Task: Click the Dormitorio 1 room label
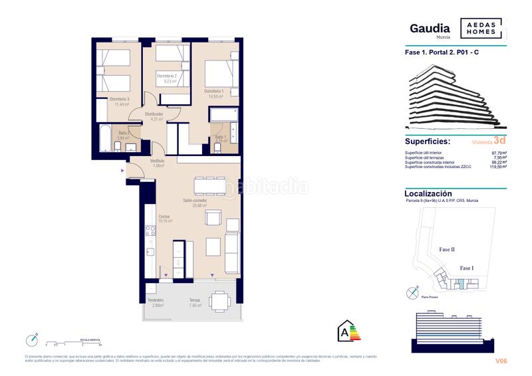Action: (213, 91)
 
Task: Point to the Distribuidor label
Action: (154, 114)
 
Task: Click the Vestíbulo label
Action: (157, 161)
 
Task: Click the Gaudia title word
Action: (430, 28)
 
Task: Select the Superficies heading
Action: (427, 141)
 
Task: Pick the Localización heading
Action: (428, 193)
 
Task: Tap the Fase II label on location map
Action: (447, 249)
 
